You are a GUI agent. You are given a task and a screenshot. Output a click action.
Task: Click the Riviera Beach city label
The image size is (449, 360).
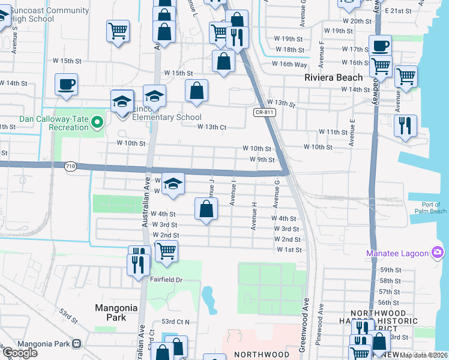pos(333,77)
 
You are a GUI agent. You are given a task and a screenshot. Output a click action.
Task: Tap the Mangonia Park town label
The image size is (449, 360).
pos(116,312)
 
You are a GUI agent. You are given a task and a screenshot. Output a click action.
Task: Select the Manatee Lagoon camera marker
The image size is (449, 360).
pos(438,253)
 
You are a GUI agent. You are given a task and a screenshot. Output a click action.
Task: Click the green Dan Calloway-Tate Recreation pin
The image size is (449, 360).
pos(98,124)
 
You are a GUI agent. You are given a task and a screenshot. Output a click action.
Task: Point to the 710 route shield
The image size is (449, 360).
pos(71,170)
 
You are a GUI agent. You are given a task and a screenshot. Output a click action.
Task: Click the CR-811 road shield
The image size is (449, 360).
pos(262,112)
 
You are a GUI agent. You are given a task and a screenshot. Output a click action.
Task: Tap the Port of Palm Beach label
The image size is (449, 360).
pos(430,208)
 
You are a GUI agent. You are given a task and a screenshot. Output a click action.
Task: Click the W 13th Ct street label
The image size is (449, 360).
pos(212,127)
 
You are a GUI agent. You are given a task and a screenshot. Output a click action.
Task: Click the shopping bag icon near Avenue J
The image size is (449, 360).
pos(206,211)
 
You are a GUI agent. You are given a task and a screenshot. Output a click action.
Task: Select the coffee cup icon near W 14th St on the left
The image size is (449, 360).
pos(66,85)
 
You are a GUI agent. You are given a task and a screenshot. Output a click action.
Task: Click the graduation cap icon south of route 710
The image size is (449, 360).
pos(173,184)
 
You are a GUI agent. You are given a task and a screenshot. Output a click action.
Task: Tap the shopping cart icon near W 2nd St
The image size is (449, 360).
pos(166,251)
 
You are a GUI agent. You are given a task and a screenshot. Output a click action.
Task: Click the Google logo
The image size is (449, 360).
pos(20,353)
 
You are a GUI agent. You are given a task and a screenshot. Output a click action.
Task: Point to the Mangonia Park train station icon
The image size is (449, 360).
pos(76,344)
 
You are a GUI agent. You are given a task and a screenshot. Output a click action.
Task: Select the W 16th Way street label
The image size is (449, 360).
pos(289,64)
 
